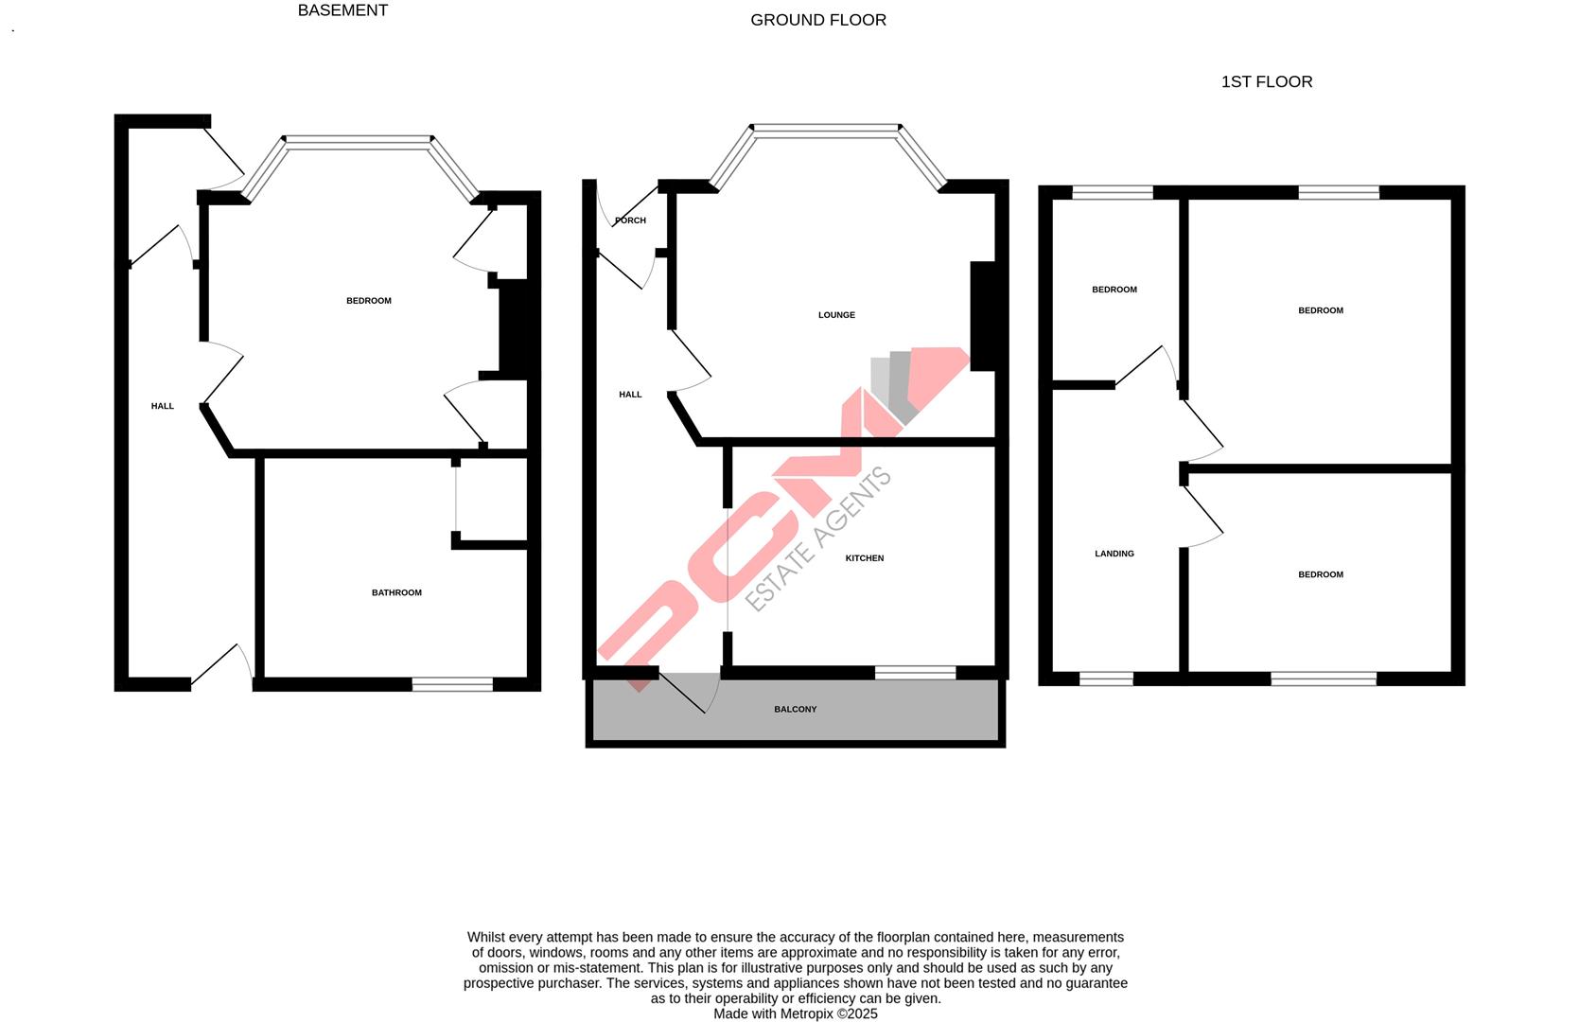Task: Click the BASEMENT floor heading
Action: point(342,10)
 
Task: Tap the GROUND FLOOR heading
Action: point(818,20)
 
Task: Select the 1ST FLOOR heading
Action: point(1267,81)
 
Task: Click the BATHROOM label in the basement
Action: point(396,592)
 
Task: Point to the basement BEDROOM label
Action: point(369,301)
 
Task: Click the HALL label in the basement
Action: point(163,406)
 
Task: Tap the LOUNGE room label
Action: point(836,315)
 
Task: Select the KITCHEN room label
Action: point(865,558)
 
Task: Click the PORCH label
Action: point(630,220)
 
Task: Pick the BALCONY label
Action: point(795,709)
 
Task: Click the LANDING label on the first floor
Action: point(1114,554)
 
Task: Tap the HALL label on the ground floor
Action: point(630,395)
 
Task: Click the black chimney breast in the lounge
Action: point(983,316)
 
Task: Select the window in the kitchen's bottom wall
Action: point(915,673)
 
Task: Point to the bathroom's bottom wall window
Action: point(452,683)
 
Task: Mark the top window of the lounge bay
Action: point(826,131)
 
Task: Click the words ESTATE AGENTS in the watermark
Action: point(819,539)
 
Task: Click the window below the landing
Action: point(1106,678)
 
